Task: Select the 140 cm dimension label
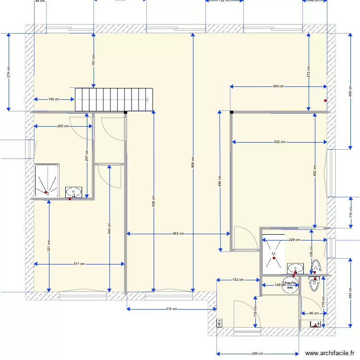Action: [54, 99]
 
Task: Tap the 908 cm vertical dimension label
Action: [193, 163]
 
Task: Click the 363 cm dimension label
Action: [178, 234]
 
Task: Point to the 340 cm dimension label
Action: [278, 86]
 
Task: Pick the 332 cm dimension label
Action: [279, 142]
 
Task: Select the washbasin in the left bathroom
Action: [73, 192]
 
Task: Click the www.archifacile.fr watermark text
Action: [332, 352]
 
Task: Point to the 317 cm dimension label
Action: [79, 264]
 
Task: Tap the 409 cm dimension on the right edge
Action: [351, 91]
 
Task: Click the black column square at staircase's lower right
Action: [126, 112]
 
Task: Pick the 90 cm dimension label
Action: [313, 313]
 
